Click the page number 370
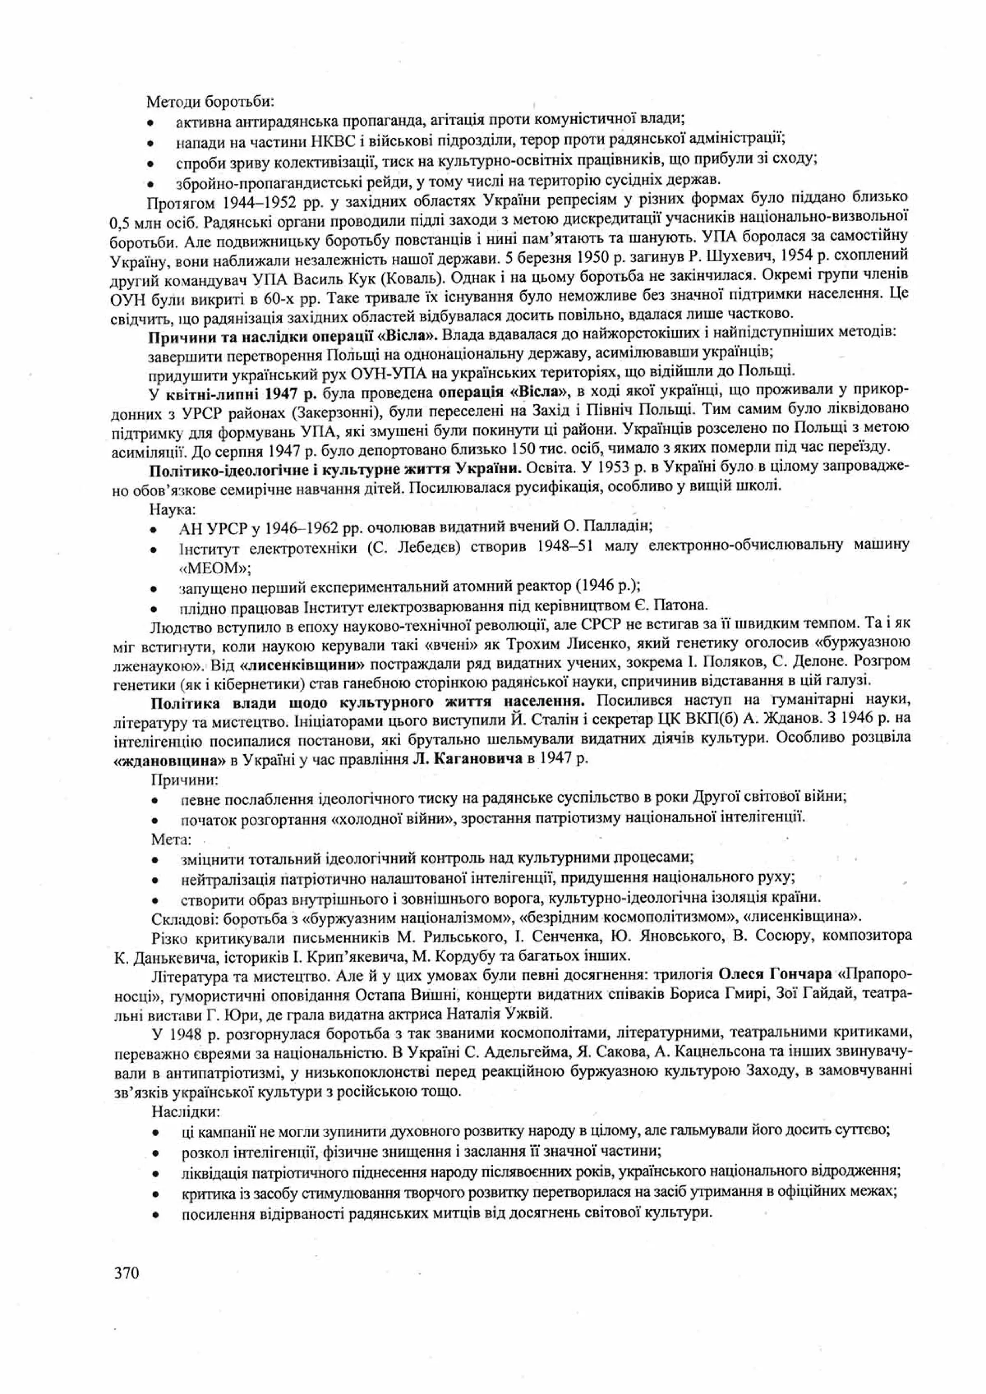tap(126, 1255)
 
